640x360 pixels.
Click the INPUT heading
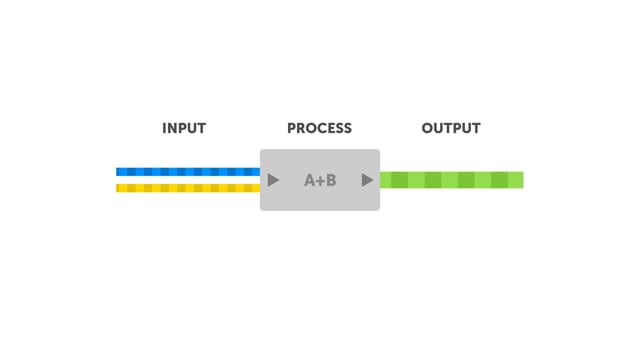click(184, 128)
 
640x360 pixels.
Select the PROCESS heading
click(319, 128)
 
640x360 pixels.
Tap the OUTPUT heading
click(451, 128)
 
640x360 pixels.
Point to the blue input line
click(188, 172)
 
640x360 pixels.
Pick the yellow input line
click(188, 188)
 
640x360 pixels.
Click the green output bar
click(451, 180)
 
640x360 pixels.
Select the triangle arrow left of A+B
click(273, 180)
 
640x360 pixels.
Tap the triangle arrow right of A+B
click(367, 180)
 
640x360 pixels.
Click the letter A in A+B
click(309, 180)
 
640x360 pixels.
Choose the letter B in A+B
click(331, 180)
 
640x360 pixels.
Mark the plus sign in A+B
click(320, 180)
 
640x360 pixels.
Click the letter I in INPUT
click(164, 128)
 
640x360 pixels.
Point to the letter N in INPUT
click(172, 128)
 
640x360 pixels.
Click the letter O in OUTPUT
click(427, 128)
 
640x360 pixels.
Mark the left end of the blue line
click(117, 172)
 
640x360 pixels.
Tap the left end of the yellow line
click(117, 188)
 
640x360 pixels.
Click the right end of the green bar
click(523, 180)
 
